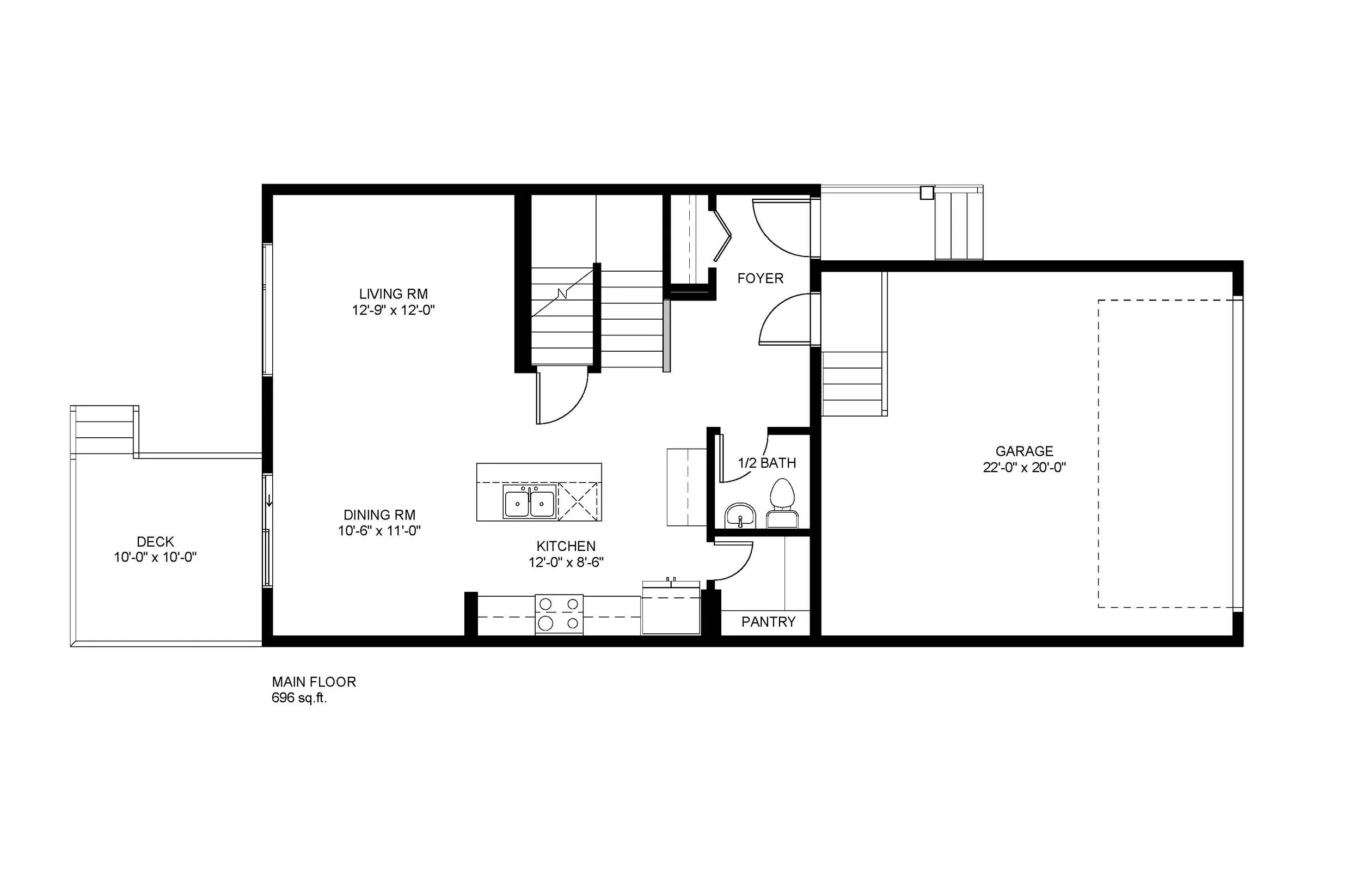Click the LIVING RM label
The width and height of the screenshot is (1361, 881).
[x=394, y=294]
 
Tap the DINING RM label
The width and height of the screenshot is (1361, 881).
[x=379, y=515]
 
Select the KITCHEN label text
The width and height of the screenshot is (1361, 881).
[x=566, y=546]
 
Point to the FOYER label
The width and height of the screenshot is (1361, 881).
[x=760, y=279]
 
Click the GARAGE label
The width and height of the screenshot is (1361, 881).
[x=1024, y=451]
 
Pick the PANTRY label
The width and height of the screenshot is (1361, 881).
[x=768, y=622]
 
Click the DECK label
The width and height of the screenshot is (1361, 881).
[x=155, y=542]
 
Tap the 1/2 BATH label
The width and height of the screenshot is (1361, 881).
[x=767, y=463]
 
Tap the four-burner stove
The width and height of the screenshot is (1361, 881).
[x=559, y=614]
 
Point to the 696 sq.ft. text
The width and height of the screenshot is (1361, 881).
[x=299, y=698]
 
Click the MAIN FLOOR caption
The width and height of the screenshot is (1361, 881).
[x=314, y=682]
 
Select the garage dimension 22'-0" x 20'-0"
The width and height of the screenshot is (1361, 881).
[x=1024, y=468]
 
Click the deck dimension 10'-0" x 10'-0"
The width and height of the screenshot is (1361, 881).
[x=155, y=557]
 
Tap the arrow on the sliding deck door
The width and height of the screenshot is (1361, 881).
[x=269, y=502]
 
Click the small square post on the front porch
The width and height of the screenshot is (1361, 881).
[x=927, y=193]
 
